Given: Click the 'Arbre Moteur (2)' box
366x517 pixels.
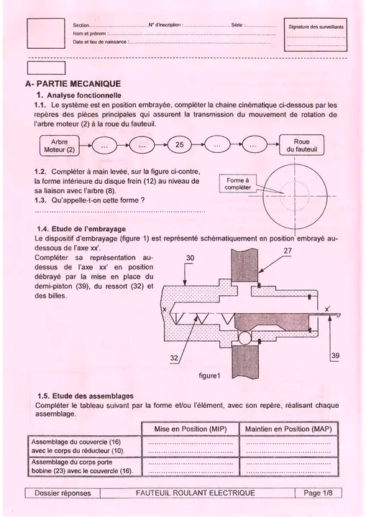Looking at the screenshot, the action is [60, 146].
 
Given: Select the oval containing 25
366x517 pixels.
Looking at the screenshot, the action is [179, 145].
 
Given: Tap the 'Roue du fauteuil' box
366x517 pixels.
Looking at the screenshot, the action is [301, 145].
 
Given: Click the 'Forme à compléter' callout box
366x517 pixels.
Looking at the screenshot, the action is [237, 184].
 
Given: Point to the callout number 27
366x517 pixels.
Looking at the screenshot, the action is [288, 251].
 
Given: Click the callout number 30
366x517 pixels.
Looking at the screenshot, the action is [190, 258].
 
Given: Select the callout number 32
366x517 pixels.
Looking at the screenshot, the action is [175, 358].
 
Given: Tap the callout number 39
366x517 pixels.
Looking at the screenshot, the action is [335, 355].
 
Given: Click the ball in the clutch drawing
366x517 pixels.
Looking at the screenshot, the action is [245, 338].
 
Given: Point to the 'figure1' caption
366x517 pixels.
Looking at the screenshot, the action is [209, 376].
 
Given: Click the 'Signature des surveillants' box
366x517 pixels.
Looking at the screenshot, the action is [316, 34].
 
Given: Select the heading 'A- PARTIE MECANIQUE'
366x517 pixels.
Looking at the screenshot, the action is [73, 84].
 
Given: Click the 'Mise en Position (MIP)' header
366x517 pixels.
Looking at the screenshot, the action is [191, 429].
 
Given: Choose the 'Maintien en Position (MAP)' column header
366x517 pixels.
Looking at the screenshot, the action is [288, 429].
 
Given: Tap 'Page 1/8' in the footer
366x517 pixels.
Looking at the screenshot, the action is [318, 493].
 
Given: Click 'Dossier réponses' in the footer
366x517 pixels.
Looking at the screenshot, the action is [63, 493].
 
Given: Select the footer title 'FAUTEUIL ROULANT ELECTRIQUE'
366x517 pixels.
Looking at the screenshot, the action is [196, 493].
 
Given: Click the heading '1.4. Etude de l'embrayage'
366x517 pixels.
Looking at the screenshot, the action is [81, 229].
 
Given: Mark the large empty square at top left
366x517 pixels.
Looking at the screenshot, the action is [46, 33].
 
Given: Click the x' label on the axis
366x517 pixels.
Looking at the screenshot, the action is [327, 309].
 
